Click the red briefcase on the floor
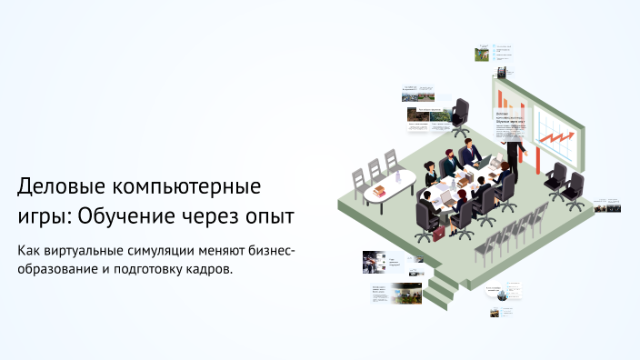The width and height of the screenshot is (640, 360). click(437, 234)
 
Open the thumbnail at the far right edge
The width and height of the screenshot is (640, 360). click(607, 205)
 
